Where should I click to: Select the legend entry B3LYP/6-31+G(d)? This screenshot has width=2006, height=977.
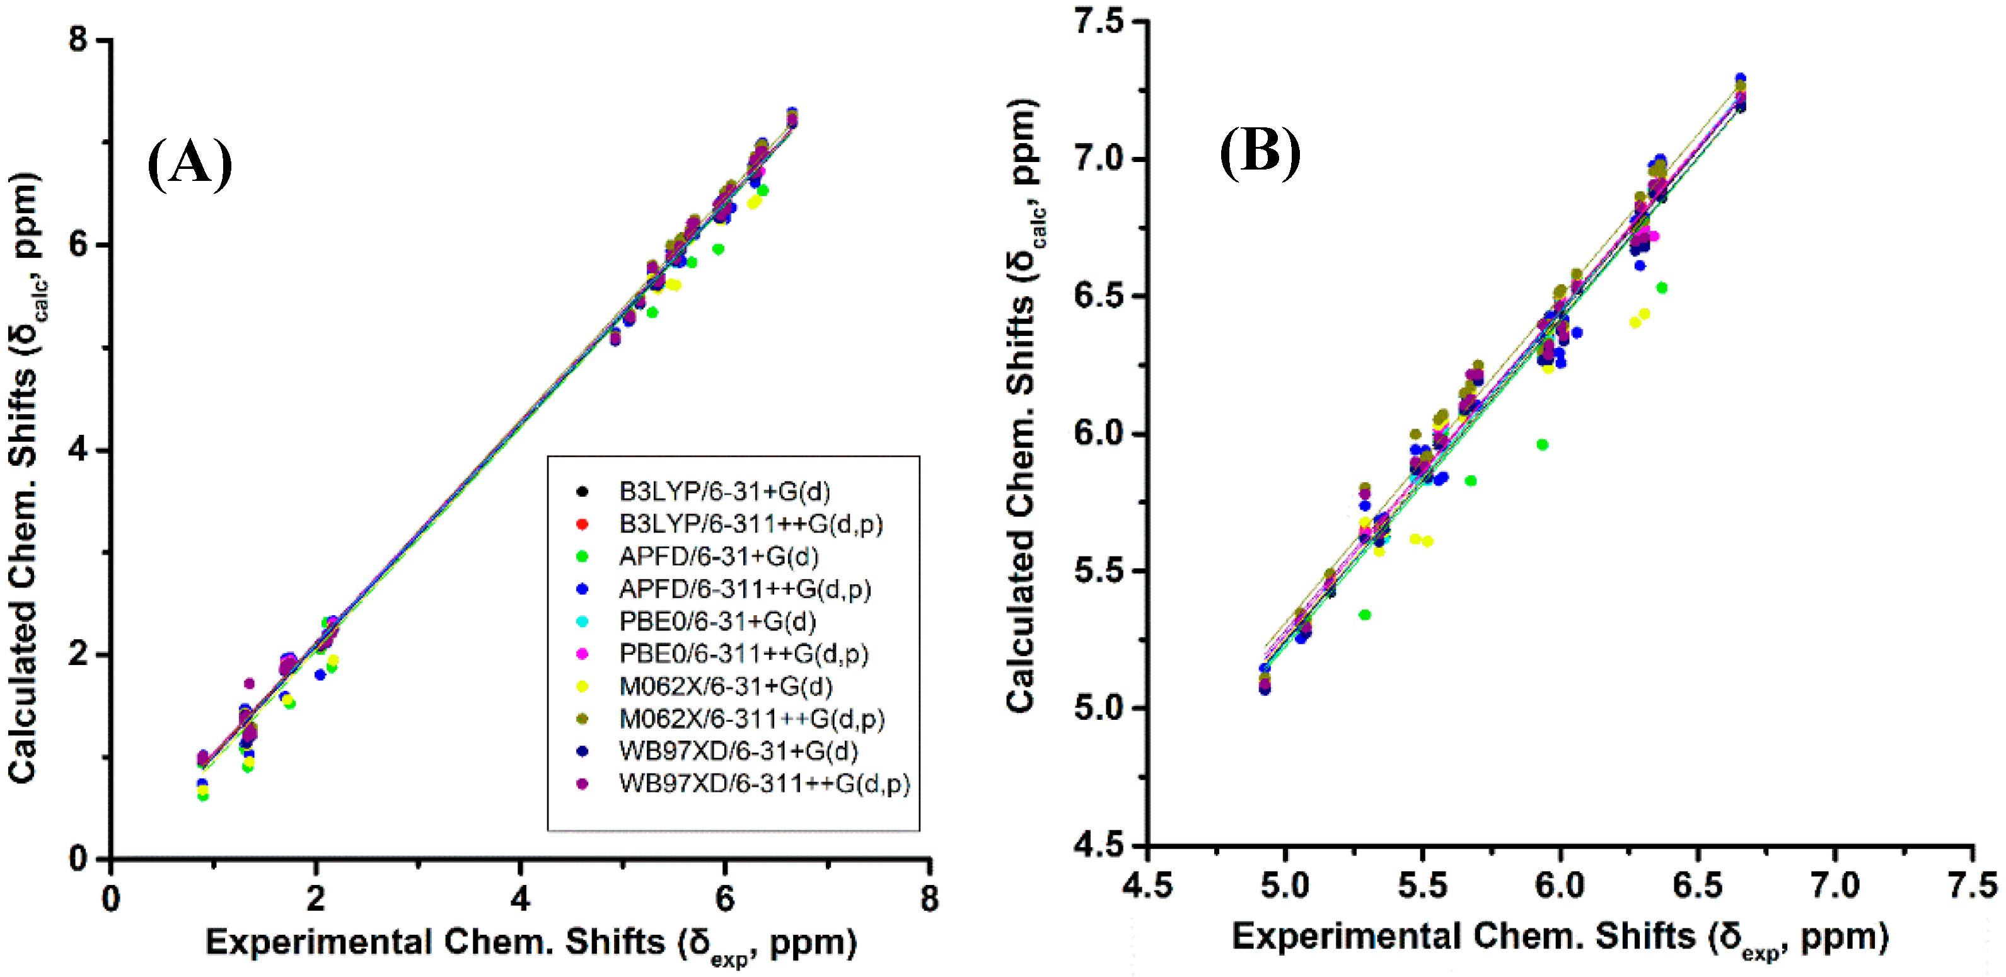coord(724,491)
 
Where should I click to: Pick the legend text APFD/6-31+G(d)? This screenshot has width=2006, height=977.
coord(718,556)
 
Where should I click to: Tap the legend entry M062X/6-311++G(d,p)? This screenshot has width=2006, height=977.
coord(751,718)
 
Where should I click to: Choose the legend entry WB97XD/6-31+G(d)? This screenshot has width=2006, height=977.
coord(738,751)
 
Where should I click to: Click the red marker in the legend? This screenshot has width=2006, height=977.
coord(581,524)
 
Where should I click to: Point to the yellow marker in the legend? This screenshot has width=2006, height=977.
coord(581,686)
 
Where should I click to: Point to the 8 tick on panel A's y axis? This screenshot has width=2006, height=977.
coord(79,39)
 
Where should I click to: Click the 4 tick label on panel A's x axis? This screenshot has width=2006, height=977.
coord(520,899)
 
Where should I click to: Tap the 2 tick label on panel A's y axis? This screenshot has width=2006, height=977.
coord(79,654)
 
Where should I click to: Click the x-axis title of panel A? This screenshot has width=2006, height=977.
coord(530,944)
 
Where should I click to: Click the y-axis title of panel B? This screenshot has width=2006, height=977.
coord(1023,405)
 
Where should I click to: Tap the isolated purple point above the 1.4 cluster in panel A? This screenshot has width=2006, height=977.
coord(249,683)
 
